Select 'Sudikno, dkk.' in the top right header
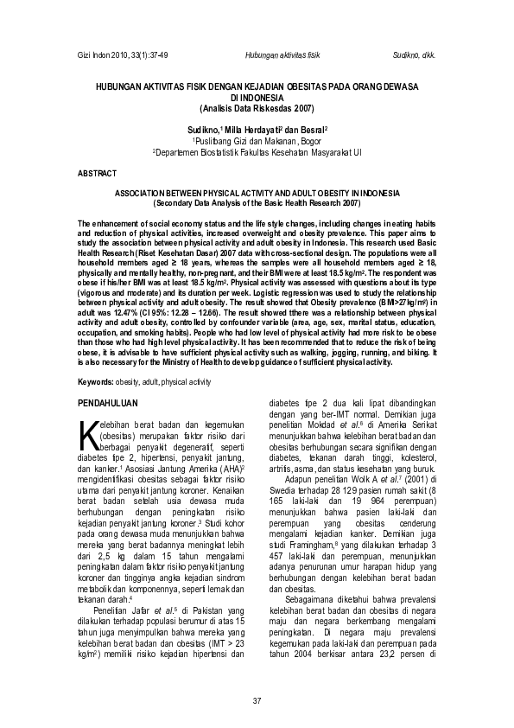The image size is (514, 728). (414, 54)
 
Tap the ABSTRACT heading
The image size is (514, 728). (97, 174)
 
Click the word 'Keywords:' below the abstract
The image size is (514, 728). (96, 381)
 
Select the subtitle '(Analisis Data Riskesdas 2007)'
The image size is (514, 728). (257, 108)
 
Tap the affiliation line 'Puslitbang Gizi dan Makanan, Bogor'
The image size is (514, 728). (257, 139)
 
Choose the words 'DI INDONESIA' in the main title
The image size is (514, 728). (257, 99)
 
